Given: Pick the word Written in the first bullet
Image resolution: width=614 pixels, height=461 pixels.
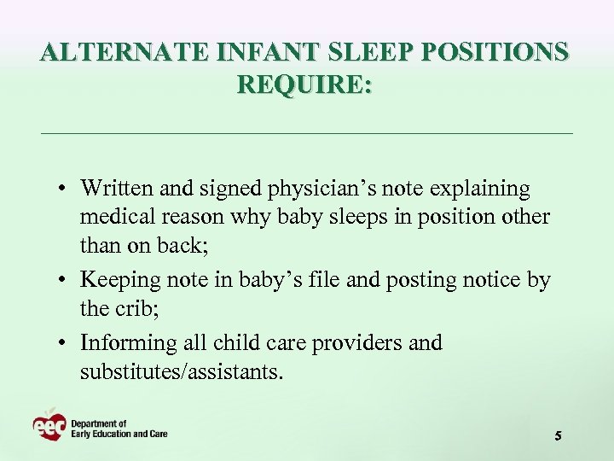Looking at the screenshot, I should [x=116, y=189].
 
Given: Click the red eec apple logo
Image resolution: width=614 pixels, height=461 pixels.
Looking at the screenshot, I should [x=49, y=425].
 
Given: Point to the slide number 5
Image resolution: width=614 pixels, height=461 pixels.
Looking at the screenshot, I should [x=558, y=436].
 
